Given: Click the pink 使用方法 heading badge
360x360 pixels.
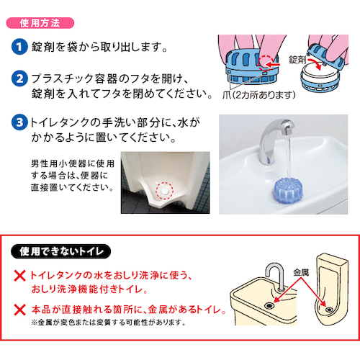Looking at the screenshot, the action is pyautogui.click(x=40, y=23).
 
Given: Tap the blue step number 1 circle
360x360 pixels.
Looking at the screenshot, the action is pyautogui.click(x=19, y=47).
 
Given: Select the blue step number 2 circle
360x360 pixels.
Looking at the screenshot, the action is pyautogui.click(x=19, y=78).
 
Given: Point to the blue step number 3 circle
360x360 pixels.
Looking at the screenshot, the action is pyautogui.click(x=19, y=122).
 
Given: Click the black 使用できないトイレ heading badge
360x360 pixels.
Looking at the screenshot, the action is pyautogui.click(x=60, y=251).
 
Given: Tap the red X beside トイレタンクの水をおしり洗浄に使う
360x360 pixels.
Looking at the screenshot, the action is pyautogui.click(x=19, y=276).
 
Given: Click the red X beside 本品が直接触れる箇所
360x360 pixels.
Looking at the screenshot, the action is pyautogui.click(x=19, y=310).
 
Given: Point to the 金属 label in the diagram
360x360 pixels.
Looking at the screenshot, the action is pyautogui.click(x=301, y=273).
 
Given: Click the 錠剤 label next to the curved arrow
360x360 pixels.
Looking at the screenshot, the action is pyautogui.click(x=297, y=60).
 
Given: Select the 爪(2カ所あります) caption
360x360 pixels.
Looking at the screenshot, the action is pyautogui.click(x=258, y=95).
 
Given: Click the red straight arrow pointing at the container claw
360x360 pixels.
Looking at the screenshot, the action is pyautogui.click(x=274, y=65).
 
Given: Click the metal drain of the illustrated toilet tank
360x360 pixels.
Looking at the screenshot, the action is pyautogui.click(x=269, y=305).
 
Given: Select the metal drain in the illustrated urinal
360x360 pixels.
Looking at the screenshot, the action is pyautogui.click(x=328, y=310).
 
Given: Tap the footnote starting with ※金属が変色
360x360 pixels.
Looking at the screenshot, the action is pyautogui.click(x=109, y=323).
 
